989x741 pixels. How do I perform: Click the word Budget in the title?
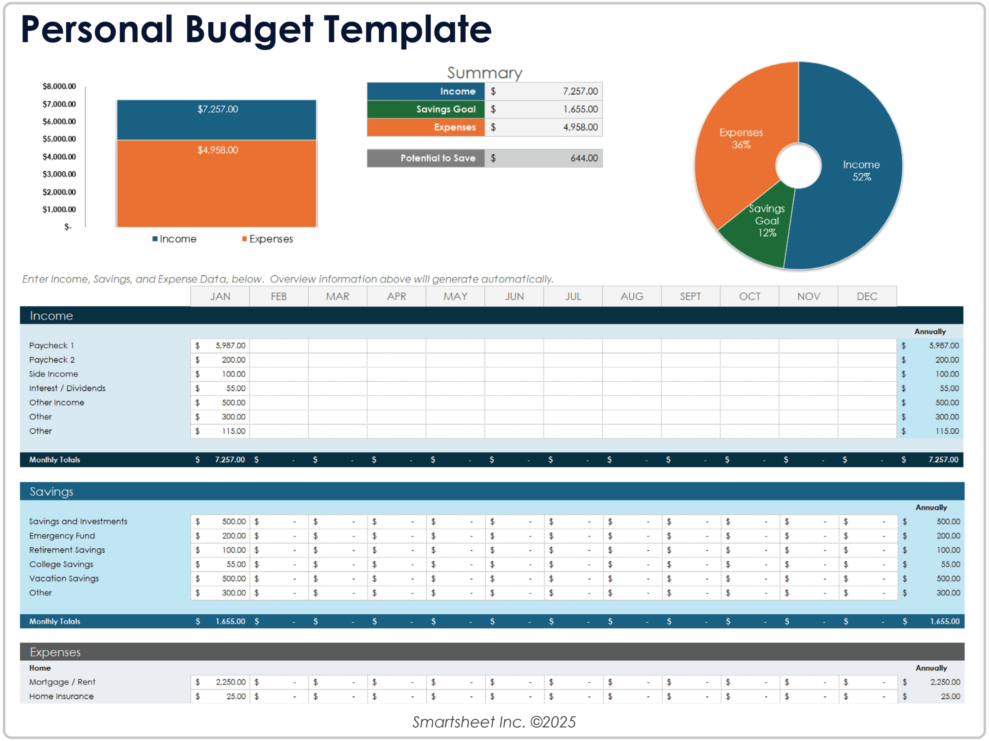[x=248, y=31]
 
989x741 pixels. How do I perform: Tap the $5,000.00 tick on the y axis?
[x=59, y=139]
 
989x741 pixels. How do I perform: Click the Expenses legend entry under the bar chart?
[x=267, y=239]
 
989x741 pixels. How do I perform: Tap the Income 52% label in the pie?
[x=861, y=171]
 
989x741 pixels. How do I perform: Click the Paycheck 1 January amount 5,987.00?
[x=230, y=346]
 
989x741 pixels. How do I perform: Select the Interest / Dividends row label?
[x=67, y=388]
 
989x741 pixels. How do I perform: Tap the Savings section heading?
[x=51, y=492]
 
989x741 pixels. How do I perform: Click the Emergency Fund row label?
[x=62, y=536]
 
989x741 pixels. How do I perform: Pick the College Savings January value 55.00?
[x=236, y=565]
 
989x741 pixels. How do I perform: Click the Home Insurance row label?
[x=61, y=697]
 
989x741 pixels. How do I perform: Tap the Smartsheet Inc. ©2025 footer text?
[x=494, y=722]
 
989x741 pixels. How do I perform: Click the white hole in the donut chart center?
[x=798, y=166]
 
